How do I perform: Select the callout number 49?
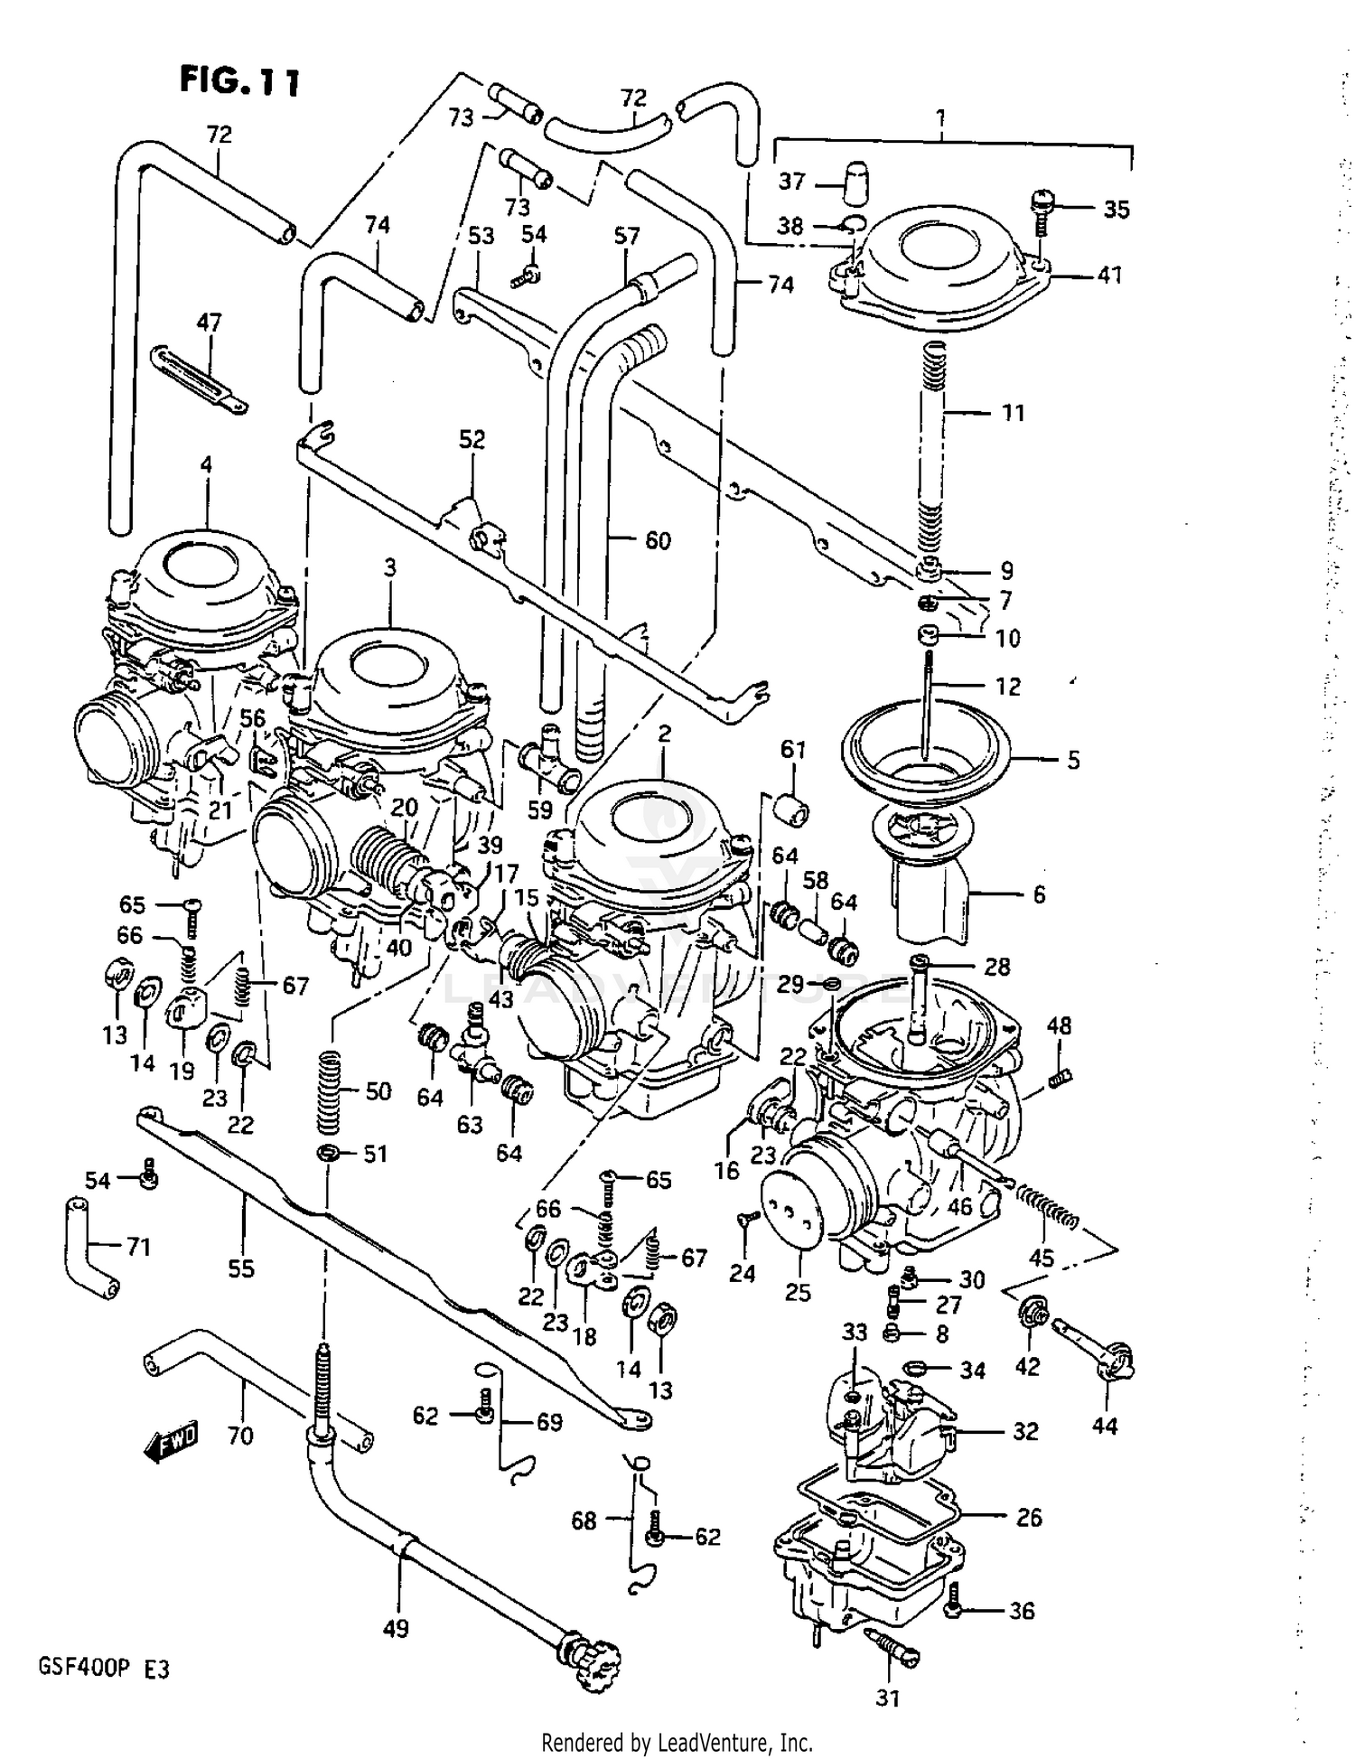coord(396,1628)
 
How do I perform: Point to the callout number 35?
coord(1117,210)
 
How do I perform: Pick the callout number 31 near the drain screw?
coord(888,1698)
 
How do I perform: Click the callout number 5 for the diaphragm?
coord(1073,760)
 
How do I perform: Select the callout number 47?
coord(209,323)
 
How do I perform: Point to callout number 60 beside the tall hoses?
coord(658,540)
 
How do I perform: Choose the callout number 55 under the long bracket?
coord(241,1268)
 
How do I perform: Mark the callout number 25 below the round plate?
coord(798,1292)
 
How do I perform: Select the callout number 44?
coord(1105,1426)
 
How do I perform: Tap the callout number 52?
coord(472,439)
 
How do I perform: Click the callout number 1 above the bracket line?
coord(941,117)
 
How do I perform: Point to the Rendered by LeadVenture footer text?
coord(677,1742)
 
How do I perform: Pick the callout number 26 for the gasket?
coord(1029,1517)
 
